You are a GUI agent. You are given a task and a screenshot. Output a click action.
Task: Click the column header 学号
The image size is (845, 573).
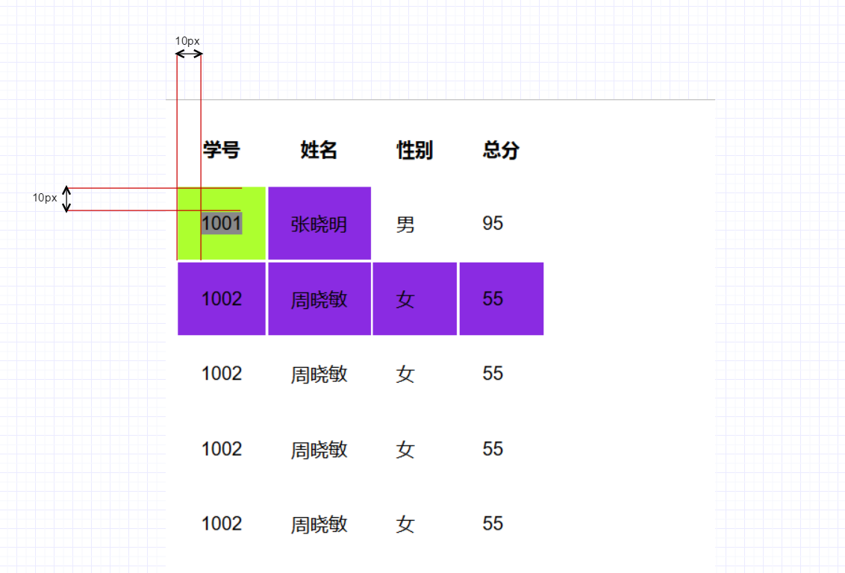pos(222,150)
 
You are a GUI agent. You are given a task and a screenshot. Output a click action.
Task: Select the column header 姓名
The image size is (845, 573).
pos(319,150)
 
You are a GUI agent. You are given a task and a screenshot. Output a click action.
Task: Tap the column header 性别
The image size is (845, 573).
pos(414,150)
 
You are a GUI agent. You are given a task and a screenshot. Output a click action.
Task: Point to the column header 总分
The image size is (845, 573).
pos(501,150)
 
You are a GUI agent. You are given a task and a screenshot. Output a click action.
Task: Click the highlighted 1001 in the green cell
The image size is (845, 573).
pos(222,223)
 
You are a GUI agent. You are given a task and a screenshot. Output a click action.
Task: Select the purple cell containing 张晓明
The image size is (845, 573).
pos(319,224)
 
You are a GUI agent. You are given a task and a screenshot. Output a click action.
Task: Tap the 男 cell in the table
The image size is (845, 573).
pos(405,224)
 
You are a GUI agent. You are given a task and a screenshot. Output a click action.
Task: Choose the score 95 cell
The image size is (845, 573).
pos(493,223)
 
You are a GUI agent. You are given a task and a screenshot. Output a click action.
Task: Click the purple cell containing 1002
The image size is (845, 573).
pos(222,299)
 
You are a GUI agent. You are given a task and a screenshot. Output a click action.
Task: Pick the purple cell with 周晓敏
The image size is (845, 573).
pos(319,299)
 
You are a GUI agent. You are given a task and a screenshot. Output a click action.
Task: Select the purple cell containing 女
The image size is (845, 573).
pos(415,299)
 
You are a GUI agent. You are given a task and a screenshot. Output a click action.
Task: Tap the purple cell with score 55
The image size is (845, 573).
pos(502,299)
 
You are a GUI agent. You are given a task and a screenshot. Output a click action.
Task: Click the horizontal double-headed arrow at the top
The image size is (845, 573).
pos(189,54)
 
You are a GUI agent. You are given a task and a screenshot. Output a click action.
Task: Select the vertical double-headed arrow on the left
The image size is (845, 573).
pos(66,198)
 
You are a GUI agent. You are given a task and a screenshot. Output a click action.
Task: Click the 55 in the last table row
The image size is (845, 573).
pos(493,524)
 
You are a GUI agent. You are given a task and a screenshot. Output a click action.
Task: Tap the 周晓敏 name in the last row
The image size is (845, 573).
pos(319,525)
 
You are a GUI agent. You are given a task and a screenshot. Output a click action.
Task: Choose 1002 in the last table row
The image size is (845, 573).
pos(222,524)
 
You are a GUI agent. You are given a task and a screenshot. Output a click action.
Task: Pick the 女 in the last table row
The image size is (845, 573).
pos(405,525)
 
